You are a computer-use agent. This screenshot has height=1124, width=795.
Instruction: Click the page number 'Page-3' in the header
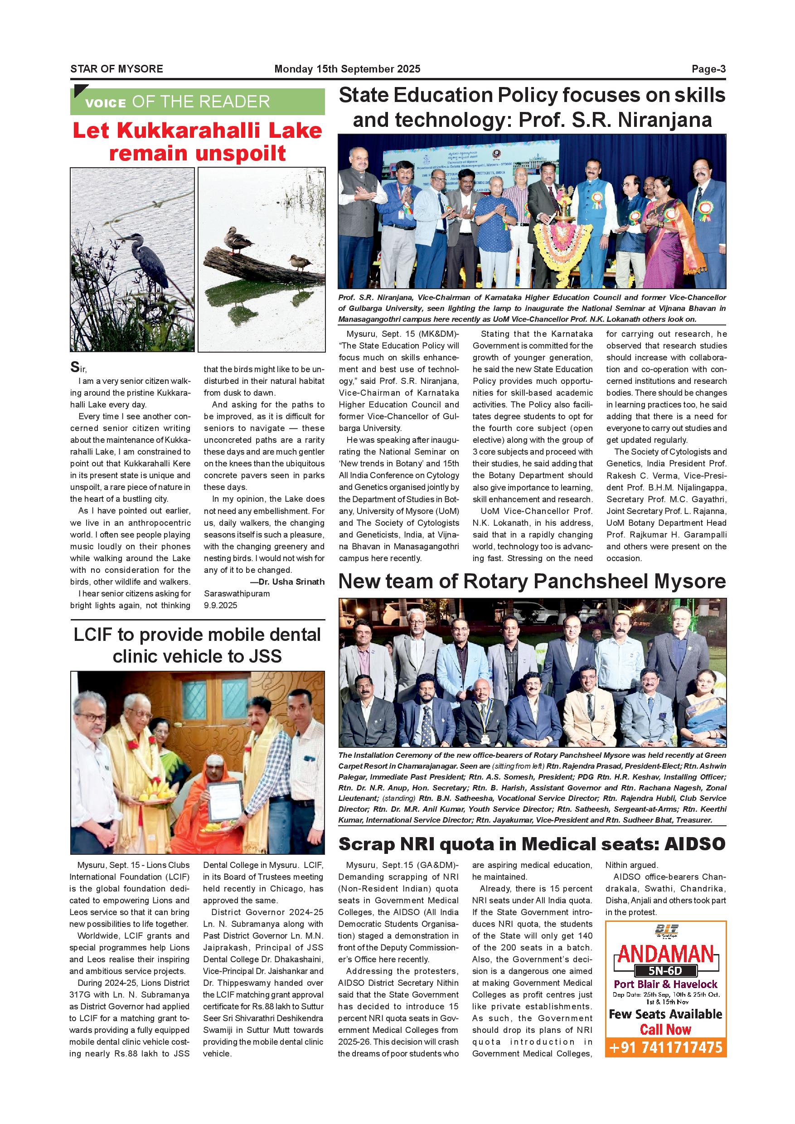(708, 69)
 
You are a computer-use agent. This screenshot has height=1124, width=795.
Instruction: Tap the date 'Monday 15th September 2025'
(347, 69)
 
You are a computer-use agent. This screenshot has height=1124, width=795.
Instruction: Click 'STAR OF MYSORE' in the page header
(116, 69)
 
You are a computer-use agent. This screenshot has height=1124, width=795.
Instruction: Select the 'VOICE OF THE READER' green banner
(197, 102)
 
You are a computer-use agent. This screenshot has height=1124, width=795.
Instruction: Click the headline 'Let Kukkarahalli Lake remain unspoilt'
(197, 142)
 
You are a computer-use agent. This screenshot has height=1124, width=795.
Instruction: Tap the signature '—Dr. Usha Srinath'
(287, 582)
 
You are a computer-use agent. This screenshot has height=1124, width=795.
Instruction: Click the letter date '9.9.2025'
(220, 606)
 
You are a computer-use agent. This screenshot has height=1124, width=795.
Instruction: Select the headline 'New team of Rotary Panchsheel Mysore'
(532, 581)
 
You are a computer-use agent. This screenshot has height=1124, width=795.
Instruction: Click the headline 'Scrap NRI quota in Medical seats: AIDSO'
(532, 844)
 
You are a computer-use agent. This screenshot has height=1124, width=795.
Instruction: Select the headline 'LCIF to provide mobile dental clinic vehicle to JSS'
(197, 645)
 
